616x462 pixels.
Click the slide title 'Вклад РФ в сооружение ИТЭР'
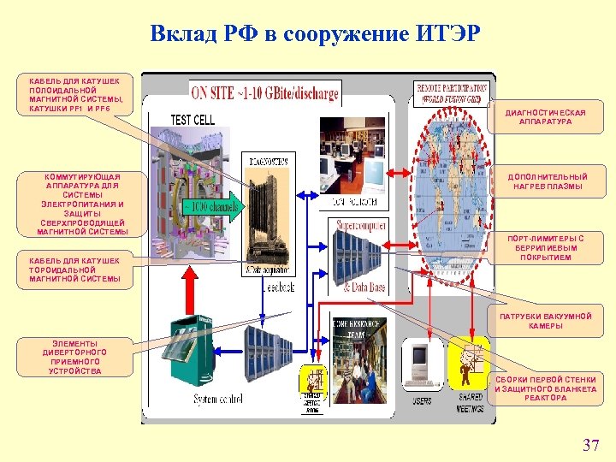(315, 34)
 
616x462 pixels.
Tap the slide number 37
(590, 445)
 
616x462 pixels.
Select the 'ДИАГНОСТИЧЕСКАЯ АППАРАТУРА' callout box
(546, 117)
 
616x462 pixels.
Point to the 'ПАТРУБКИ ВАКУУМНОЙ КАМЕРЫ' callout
(545, 321)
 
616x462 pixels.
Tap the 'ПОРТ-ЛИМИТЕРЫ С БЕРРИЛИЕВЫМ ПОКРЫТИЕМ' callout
(545, 248)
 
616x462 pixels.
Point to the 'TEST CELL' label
(192, 120)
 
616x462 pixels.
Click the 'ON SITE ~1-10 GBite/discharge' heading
(265, 92)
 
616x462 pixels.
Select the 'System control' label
(219, 400)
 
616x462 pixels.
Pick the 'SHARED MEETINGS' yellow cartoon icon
(469, 363)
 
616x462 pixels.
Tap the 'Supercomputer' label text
(361, 225)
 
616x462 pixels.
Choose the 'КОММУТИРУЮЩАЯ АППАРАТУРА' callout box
(82, 204)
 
